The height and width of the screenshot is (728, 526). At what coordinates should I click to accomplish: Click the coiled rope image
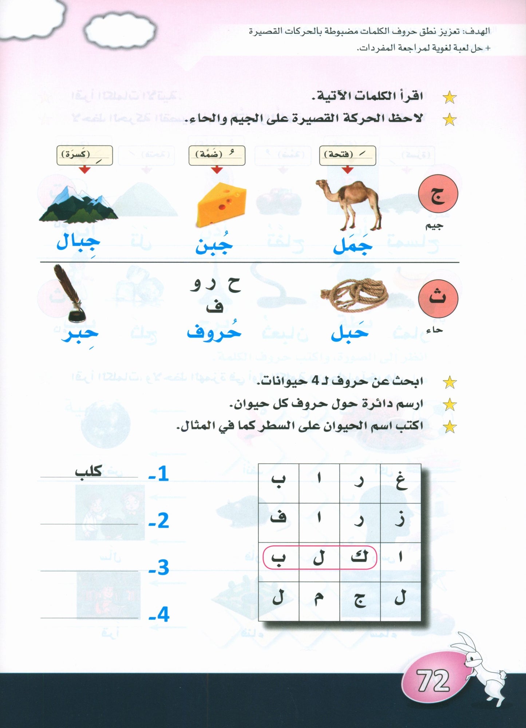click(353, 296)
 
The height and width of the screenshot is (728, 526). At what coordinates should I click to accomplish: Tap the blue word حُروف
click(214, 332)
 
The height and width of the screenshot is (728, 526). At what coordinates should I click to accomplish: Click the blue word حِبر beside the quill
click(80, 333)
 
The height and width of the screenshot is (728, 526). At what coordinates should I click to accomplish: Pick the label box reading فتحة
click(347, 155)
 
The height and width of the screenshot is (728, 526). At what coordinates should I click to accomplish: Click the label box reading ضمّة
click(217, 155)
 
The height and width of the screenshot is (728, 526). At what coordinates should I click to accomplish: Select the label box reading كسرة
click(84, 155)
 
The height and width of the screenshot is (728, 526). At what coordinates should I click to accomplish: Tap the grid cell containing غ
click(400, 483)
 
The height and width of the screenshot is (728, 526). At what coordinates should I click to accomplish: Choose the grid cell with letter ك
click(360, 557)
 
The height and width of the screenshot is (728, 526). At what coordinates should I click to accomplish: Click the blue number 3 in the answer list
click(159, 568)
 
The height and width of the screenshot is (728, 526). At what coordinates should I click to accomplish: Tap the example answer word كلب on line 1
click(88, 471)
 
